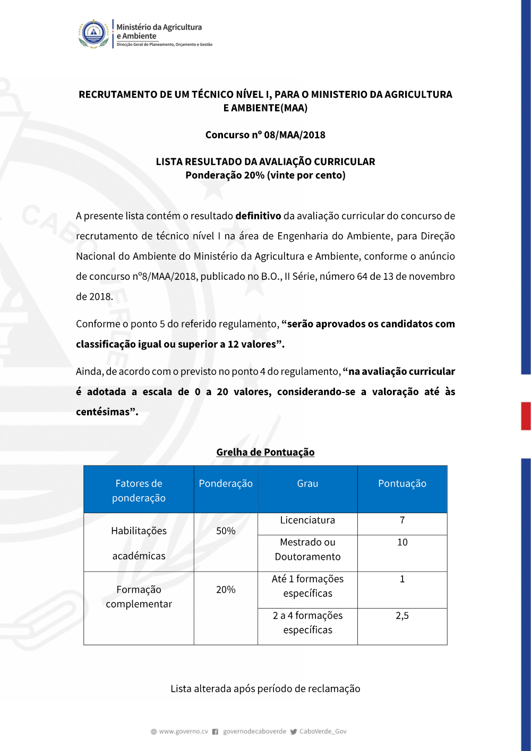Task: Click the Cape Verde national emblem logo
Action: [93, 34]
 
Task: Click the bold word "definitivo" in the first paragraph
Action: [258, 216]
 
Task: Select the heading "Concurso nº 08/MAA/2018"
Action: [265, 135]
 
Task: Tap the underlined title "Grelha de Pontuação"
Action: [265, 452]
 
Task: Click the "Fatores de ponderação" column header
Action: [139, 490]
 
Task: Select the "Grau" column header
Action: [307, 483]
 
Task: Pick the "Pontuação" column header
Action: [402, 483]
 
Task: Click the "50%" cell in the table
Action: [226, 531]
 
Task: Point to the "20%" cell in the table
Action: [226, 590]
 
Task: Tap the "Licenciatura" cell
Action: [307, 520]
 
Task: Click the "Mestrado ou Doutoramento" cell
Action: [307, 549]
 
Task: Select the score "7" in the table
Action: [402, 520]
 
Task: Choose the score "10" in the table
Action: [402, 542]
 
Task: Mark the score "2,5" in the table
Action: [402, 616]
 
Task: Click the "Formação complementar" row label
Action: [139, 596]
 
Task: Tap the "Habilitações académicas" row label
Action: [139, 543]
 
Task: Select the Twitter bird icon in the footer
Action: [294, 731]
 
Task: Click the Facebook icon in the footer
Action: [215, 731]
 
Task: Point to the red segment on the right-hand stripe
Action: [526, 416]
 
